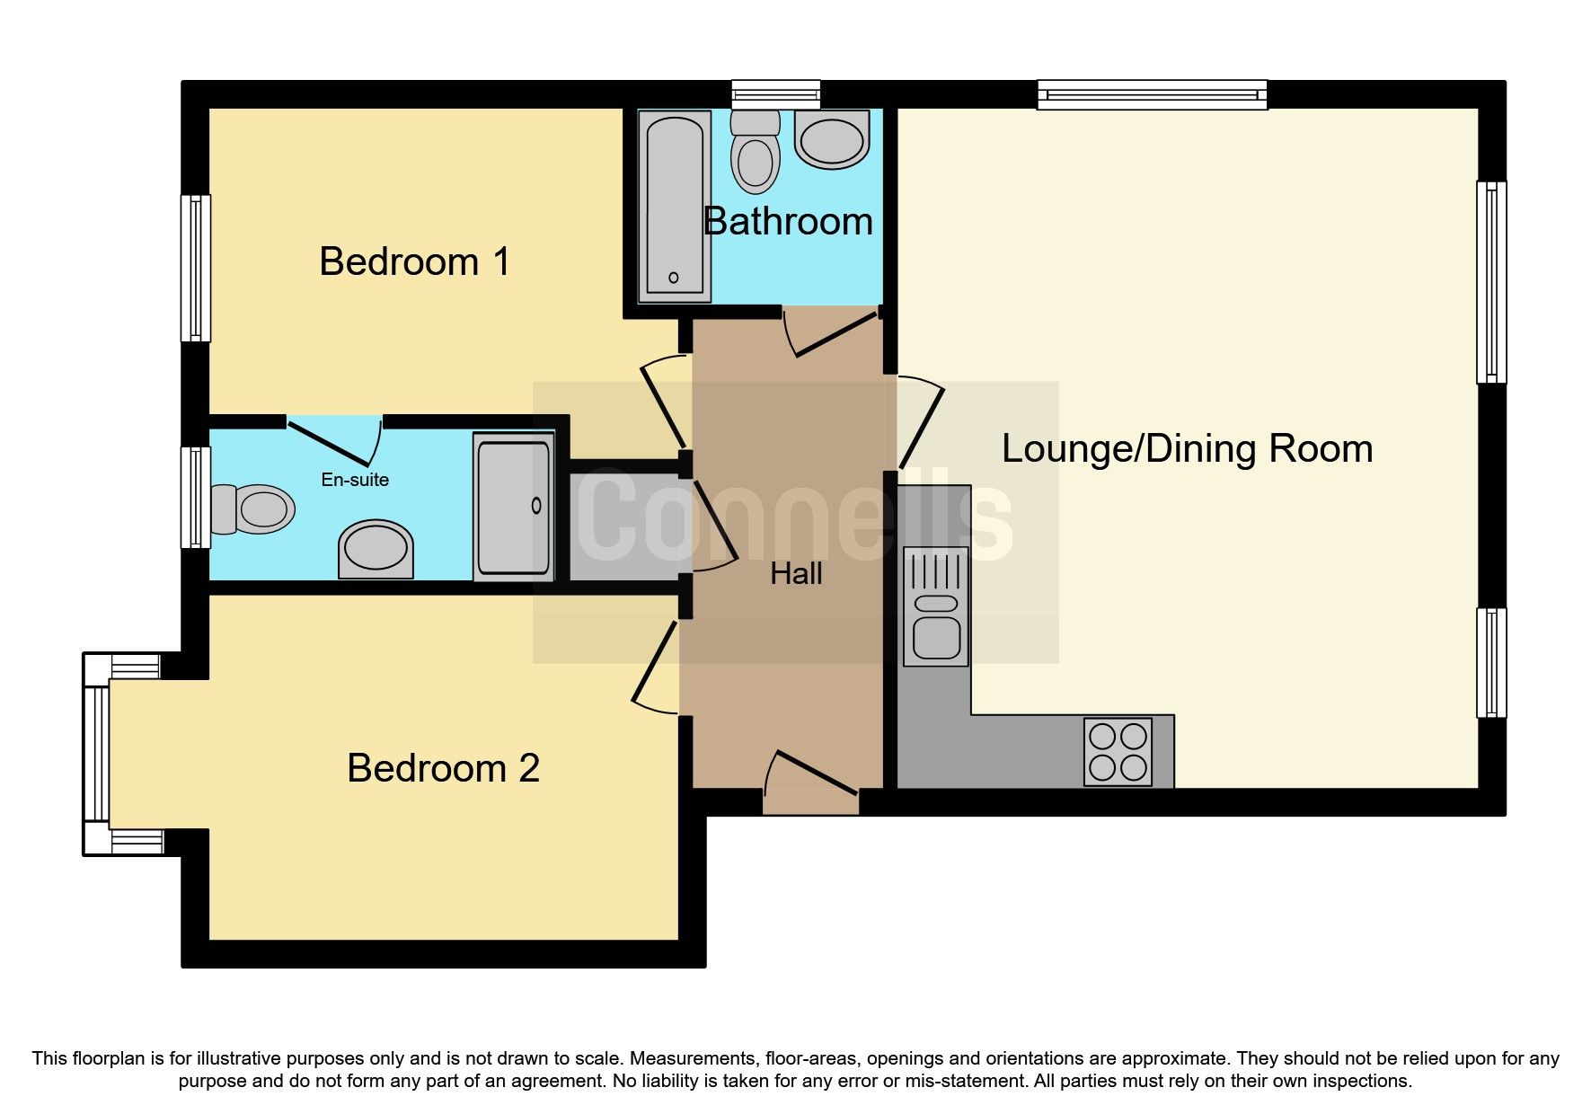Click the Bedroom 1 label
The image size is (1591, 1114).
414,262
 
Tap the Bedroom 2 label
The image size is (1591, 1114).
443,769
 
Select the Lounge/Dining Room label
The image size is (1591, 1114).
1187,449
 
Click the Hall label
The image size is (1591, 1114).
796,574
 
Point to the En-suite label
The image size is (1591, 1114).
355,480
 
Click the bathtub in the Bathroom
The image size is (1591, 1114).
674,207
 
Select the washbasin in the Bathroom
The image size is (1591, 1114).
832,140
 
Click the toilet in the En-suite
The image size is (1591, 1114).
254,509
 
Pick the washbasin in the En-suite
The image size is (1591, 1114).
376,548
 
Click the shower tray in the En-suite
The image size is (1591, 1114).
513,507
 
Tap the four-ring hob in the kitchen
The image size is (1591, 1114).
1118,752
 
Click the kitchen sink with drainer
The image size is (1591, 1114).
936,606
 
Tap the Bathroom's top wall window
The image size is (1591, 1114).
775,93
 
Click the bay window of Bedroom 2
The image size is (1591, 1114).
96,753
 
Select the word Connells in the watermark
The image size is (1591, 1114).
795,521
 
